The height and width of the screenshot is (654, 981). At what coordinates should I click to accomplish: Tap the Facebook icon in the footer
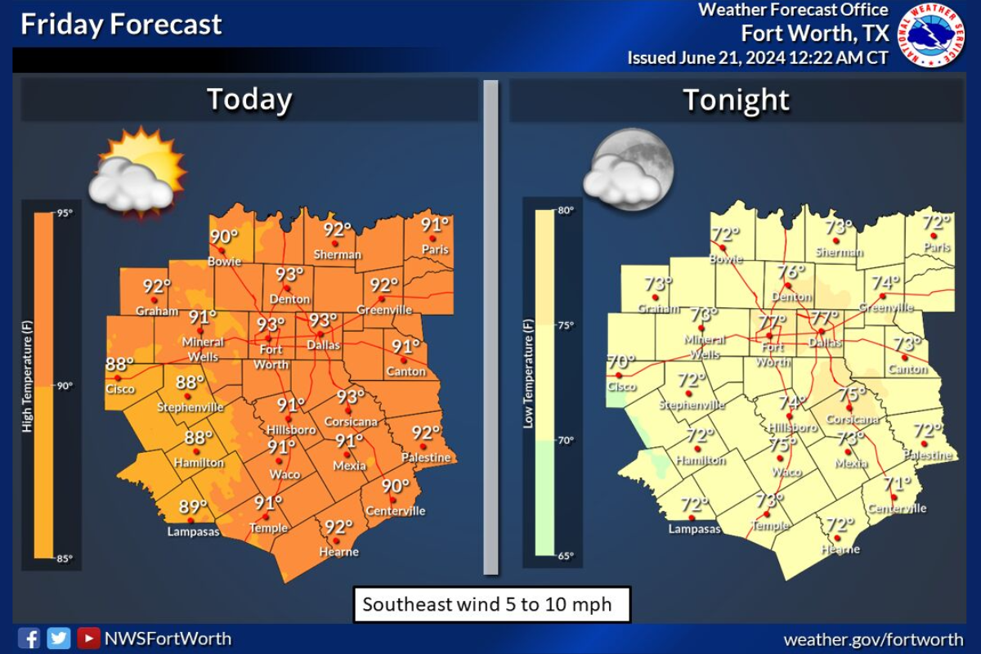click(x=29, y=638)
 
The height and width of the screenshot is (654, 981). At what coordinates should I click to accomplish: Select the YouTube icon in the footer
click(x=88, y=638)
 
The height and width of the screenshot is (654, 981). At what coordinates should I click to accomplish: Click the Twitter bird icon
click(x=58, y=638)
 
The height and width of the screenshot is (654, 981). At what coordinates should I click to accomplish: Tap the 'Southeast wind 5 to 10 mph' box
click(x=491, y=606)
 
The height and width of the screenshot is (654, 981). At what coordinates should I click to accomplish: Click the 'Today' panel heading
click(x=249, y=100)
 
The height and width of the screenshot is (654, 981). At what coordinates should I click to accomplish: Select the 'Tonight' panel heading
click(x=737, y=100)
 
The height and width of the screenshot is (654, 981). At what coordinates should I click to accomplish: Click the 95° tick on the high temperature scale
click(x=64, y=213)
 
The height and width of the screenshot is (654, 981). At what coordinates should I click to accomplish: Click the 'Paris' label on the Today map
click(x=435, y=249)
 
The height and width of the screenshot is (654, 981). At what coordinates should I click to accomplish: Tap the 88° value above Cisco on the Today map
click(x=120, y=365)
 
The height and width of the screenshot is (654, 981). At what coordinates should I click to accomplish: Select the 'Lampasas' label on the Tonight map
click(x=695, y=529)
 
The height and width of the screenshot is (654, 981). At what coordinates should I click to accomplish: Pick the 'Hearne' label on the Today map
click(x=339, y=552)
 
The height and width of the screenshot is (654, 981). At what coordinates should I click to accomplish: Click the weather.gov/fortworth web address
click(x=873, y=639)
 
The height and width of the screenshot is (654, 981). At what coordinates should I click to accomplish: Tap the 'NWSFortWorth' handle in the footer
click(x=168, y=638)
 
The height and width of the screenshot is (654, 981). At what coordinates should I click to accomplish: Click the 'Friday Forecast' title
click(x=121, y=25)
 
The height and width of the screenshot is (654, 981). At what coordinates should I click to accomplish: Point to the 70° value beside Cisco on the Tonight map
click(x=620, y=361)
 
